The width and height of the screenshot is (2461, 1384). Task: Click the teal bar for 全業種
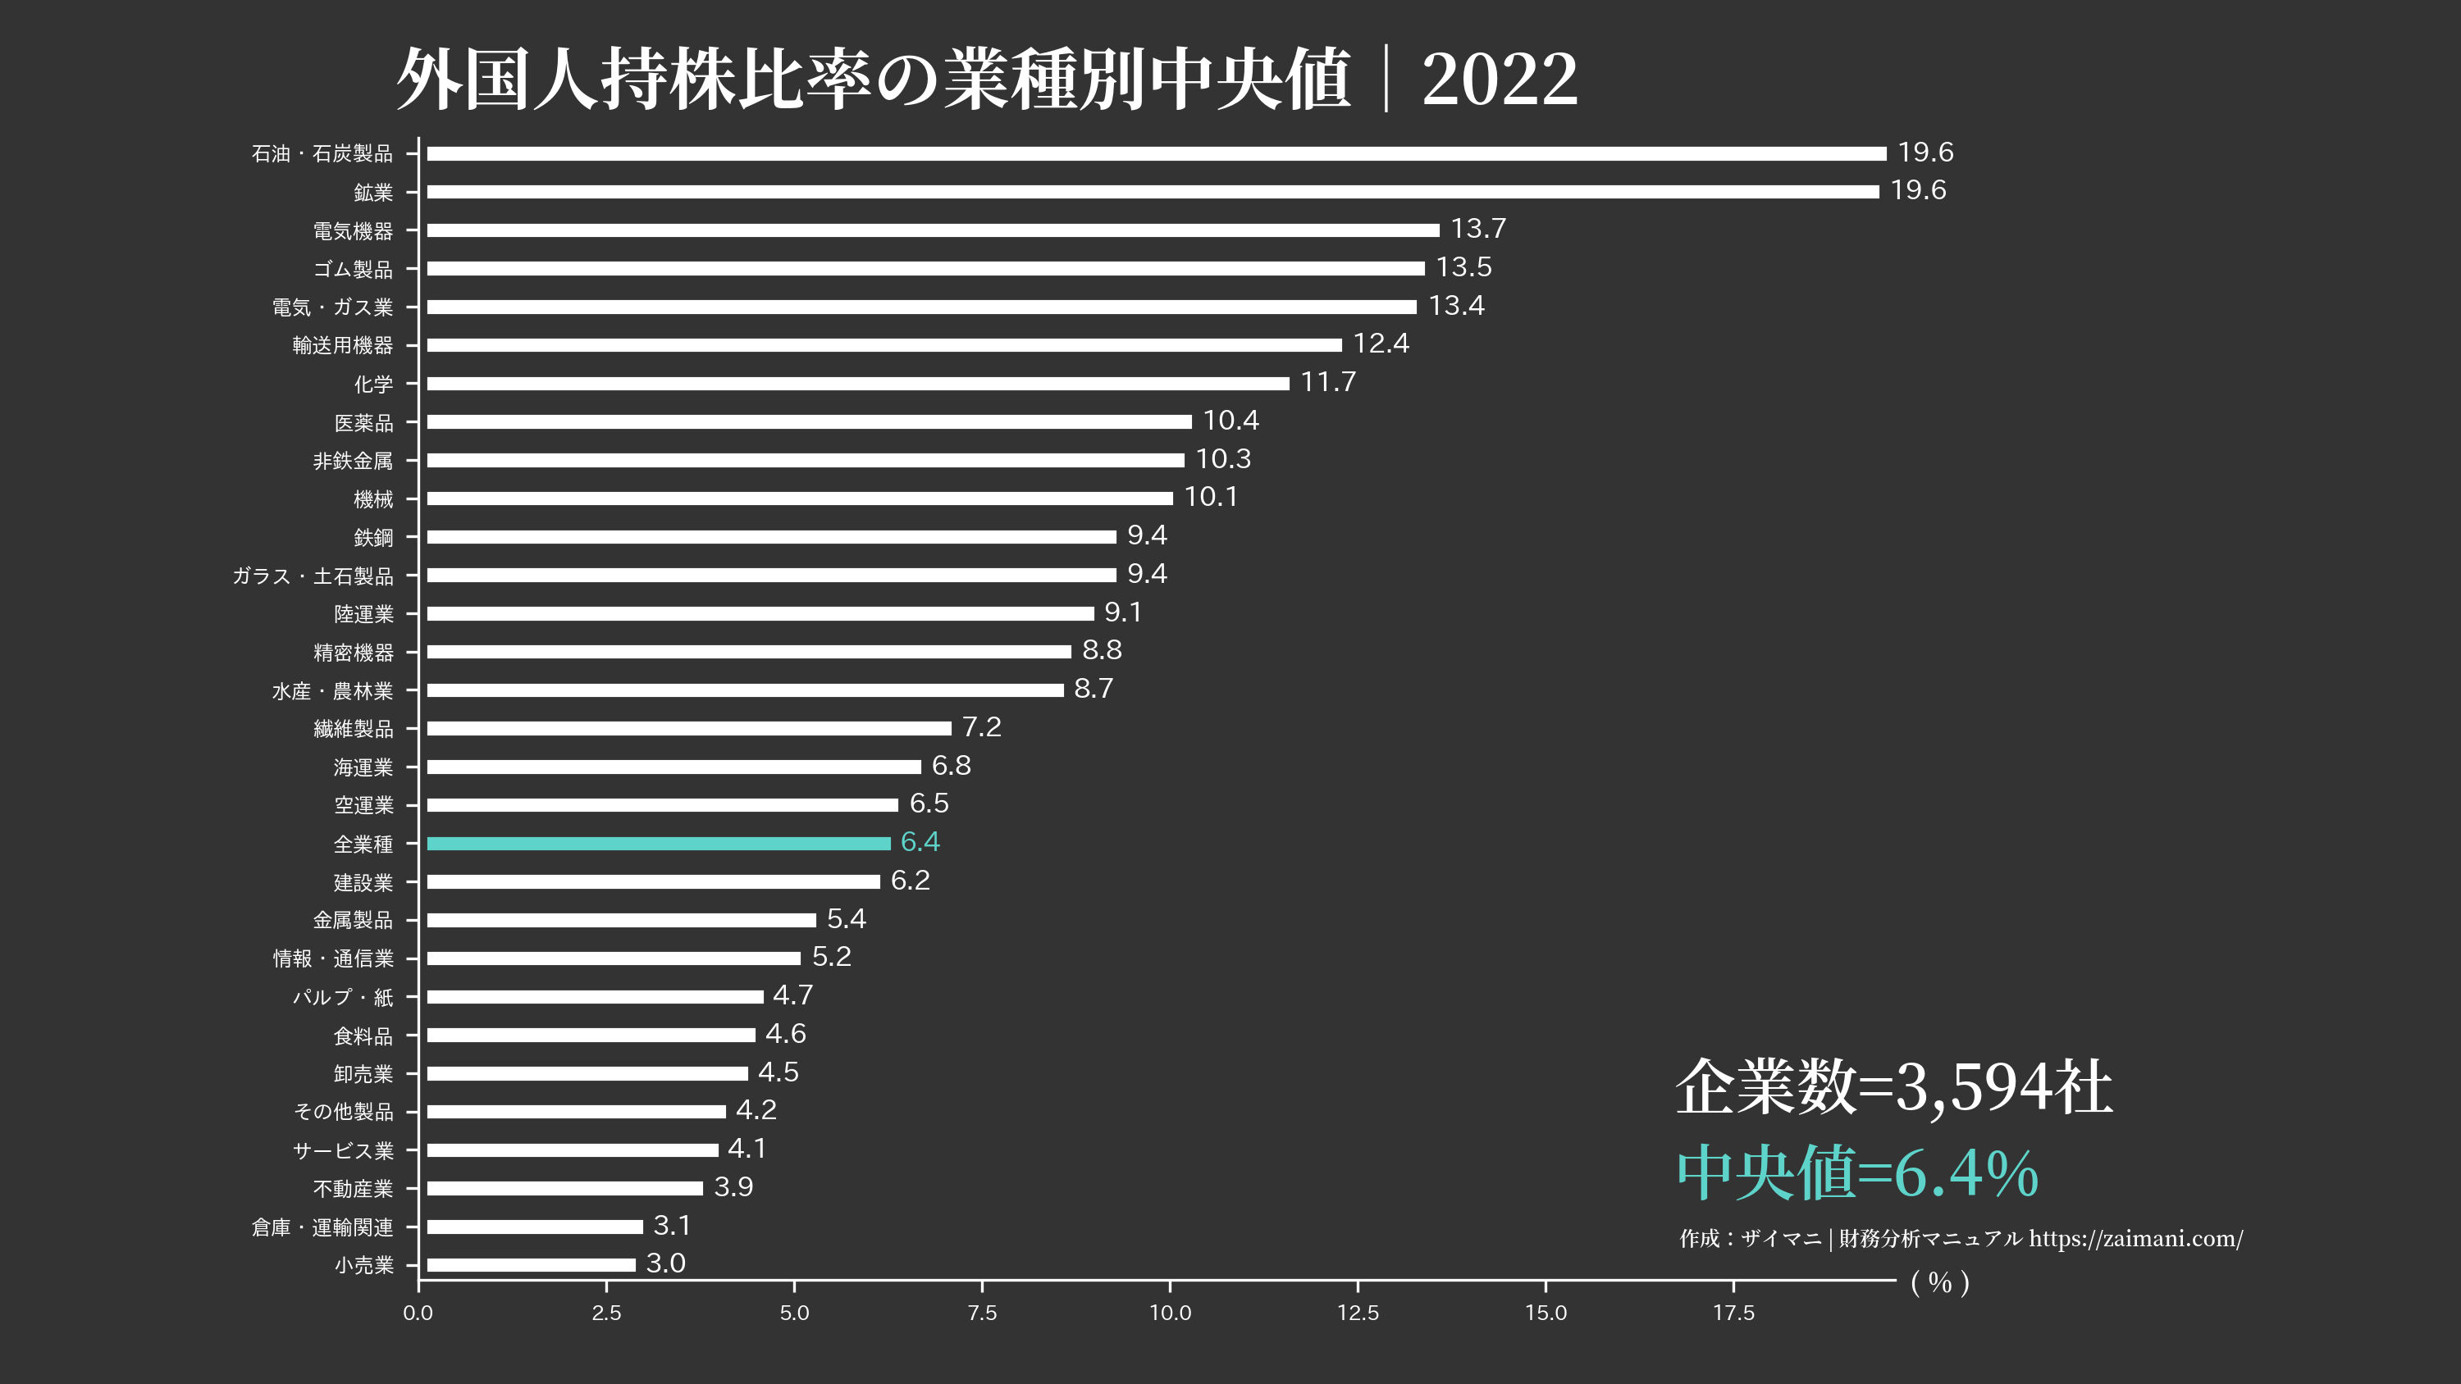coord(658,844)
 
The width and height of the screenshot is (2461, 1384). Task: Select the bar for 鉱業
coord(1153,192)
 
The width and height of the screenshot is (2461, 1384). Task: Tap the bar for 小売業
coord(532,1264)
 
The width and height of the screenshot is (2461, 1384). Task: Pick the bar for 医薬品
coord(809,421)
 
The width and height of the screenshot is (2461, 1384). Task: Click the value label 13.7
coord(1478,230)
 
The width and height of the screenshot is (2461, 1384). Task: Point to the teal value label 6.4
coord(920,842)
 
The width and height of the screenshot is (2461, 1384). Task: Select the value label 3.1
coord(672,1226)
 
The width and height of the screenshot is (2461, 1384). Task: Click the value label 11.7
coord(1328,382)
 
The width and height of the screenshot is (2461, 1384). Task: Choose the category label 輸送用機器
coord(342,346)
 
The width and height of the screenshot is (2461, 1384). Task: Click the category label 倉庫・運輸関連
coord(322,1227)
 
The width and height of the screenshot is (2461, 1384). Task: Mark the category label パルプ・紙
coord(342,997)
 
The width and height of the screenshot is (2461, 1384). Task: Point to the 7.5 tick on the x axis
coord(982,1313)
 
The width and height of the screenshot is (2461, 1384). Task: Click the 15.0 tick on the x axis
coord(1546,1313)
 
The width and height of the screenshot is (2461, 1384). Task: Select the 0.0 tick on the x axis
coord(418,1313)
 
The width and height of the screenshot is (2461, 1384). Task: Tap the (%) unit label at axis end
coord(1939,1283)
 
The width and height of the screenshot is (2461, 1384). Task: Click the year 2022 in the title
coord(1499,80)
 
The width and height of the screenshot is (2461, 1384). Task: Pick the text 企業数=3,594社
coord(1893,1087)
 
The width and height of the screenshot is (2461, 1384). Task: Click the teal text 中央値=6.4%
coord(1857,1173)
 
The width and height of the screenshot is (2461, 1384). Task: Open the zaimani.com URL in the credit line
coord(2136,1239)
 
